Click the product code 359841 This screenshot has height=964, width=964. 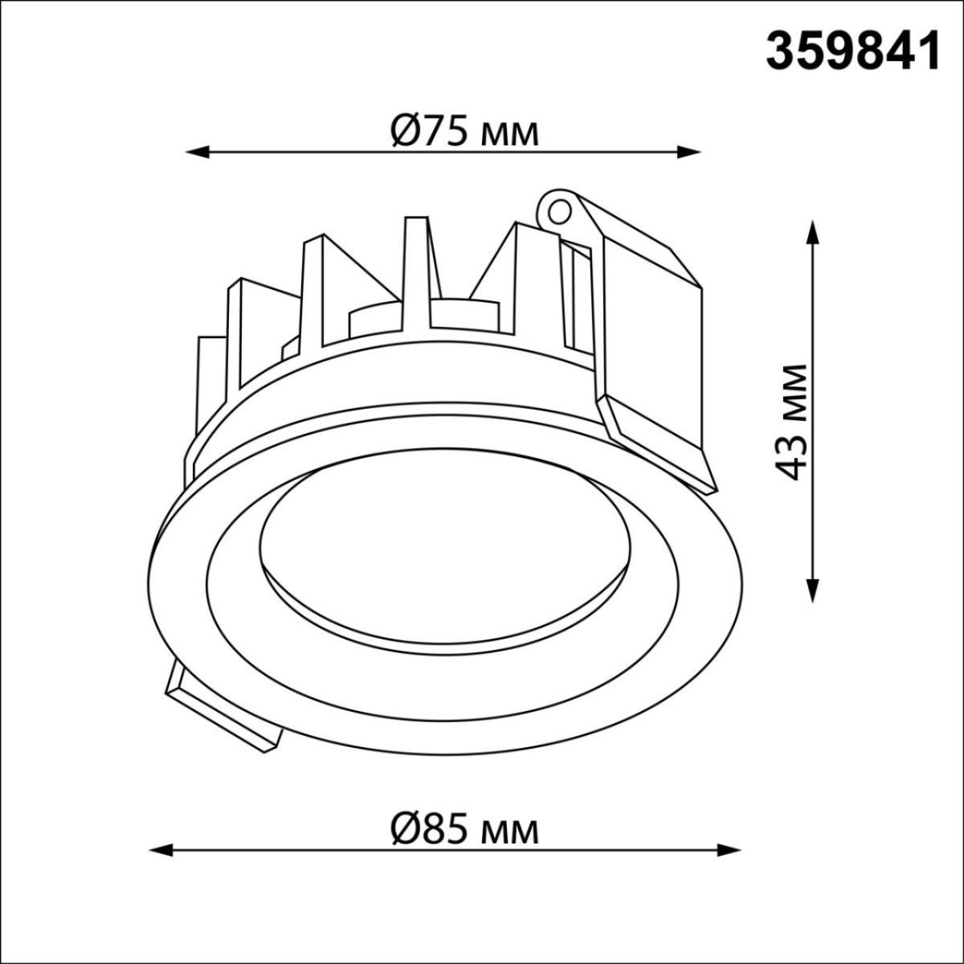[852, 53]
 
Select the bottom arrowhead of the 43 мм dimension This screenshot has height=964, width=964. [813, 590]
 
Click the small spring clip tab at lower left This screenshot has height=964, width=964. [221, 715]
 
